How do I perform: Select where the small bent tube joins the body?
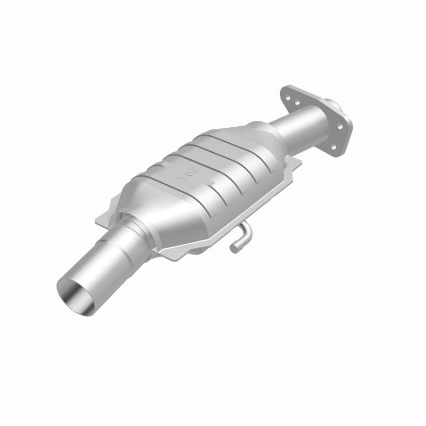click(x=246, y=231)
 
